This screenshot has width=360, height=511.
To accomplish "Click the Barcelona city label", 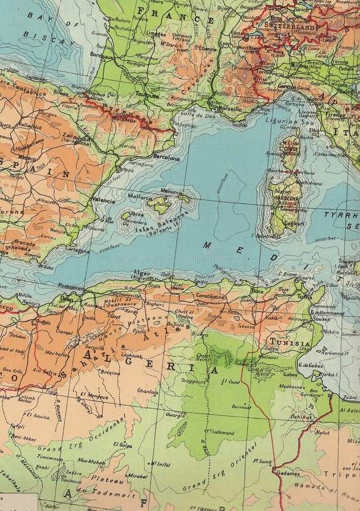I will [166, 158].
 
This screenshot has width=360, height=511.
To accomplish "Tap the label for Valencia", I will [104, 201].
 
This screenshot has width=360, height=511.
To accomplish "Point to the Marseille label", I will [226, 107].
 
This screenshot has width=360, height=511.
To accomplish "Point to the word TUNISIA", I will [289, 343].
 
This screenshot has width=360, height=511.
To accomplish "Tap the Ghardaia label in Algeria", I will [147, 391].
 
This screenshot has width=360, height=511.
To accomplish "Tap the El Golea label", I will [122, 445].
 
